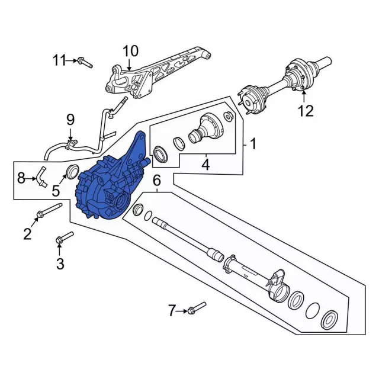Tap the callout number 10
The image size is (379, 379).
(x=130, y=50)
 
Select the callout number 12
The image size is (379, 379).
(x=304, y=111)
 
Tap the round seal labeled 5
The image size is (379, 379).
(x=72, y=173)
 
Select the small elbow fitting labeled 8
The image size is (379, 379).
(x=41, y=175)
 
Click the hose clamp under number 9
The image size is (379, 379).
(x=70, y=142)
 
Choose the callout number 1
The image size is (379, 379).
(x=253, y=143)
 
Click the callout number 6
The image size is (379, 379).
(x=157, y=180)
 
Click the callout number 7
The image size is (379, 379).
(x=172, y=310)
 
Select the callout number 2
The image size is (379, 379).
(x=27, y=234)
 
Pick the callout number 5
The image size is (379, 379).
(x=55, y=190)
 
